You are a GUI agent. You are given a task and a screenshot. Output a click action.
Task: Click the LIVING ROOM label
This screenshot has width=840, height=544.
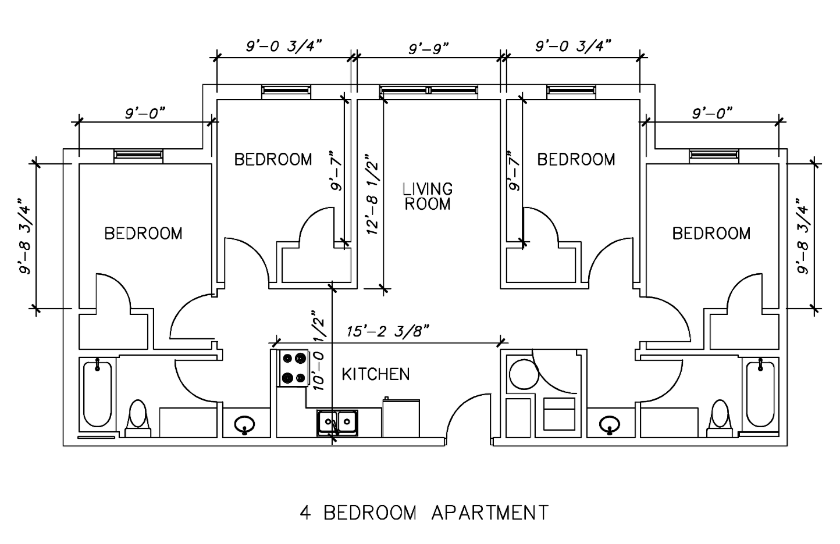428,196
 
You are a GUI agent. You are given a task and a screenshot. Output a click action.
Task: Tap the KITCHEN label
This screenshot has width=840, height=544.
375,374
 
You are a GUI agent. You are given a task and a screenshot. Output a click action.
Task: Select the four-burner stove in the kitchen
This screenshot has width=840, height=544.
293,368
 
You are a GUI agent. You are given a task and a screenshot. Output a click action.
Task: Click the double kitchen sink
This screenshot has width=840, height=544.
337,423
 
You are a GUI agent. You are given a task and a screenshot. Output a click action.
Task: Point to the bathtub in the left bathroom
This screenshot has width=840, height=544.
98,393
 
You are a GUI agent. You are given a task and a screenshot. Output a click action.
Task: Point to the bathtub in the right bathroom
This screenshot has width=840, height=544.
760,393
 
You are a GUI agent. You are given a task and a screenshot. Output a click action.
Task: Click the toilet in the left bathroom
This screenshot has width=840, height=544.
138,418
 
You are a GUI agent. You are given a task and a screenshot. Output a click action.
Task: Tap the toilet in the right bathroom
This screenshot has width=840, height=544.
720,418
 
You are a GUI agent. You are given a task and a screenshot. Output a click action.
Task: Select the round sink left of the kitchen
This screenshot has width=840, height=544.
244,425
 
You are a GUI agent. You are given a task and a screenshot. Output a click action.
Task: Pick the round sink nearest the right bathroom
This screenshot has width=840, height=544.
610,425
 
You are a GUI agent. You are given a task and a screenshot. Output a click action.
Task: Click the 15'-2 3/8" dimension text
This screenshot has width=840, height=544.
387,331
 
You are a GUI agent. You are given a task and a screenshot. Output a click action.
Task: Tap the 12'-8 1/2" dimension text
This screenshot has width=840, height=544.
373,194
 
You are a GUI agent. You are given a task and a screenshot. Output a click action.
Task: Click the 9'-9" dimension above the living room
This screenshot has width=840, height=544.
428,48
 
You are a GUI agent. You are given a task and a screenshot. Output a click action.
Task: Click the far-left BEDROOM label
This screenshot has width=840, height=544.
143,234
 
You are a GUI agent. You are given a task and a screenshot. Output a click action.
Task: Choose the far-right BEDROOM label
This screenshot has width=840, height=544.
711,234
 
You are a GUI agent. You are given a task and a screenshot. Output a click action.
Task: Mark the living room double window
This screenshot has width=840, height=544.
429,90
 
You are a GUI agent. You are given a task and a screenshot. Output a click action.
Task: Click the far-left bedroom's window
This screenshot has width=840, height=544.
138,155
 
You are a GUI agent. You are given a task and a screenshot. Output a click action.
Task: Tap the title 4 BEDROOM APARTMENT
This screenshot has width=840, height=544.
424,513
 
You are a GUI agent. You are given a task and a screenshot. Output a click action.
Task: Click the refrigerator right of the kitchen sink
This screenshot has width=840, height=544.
401,418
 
